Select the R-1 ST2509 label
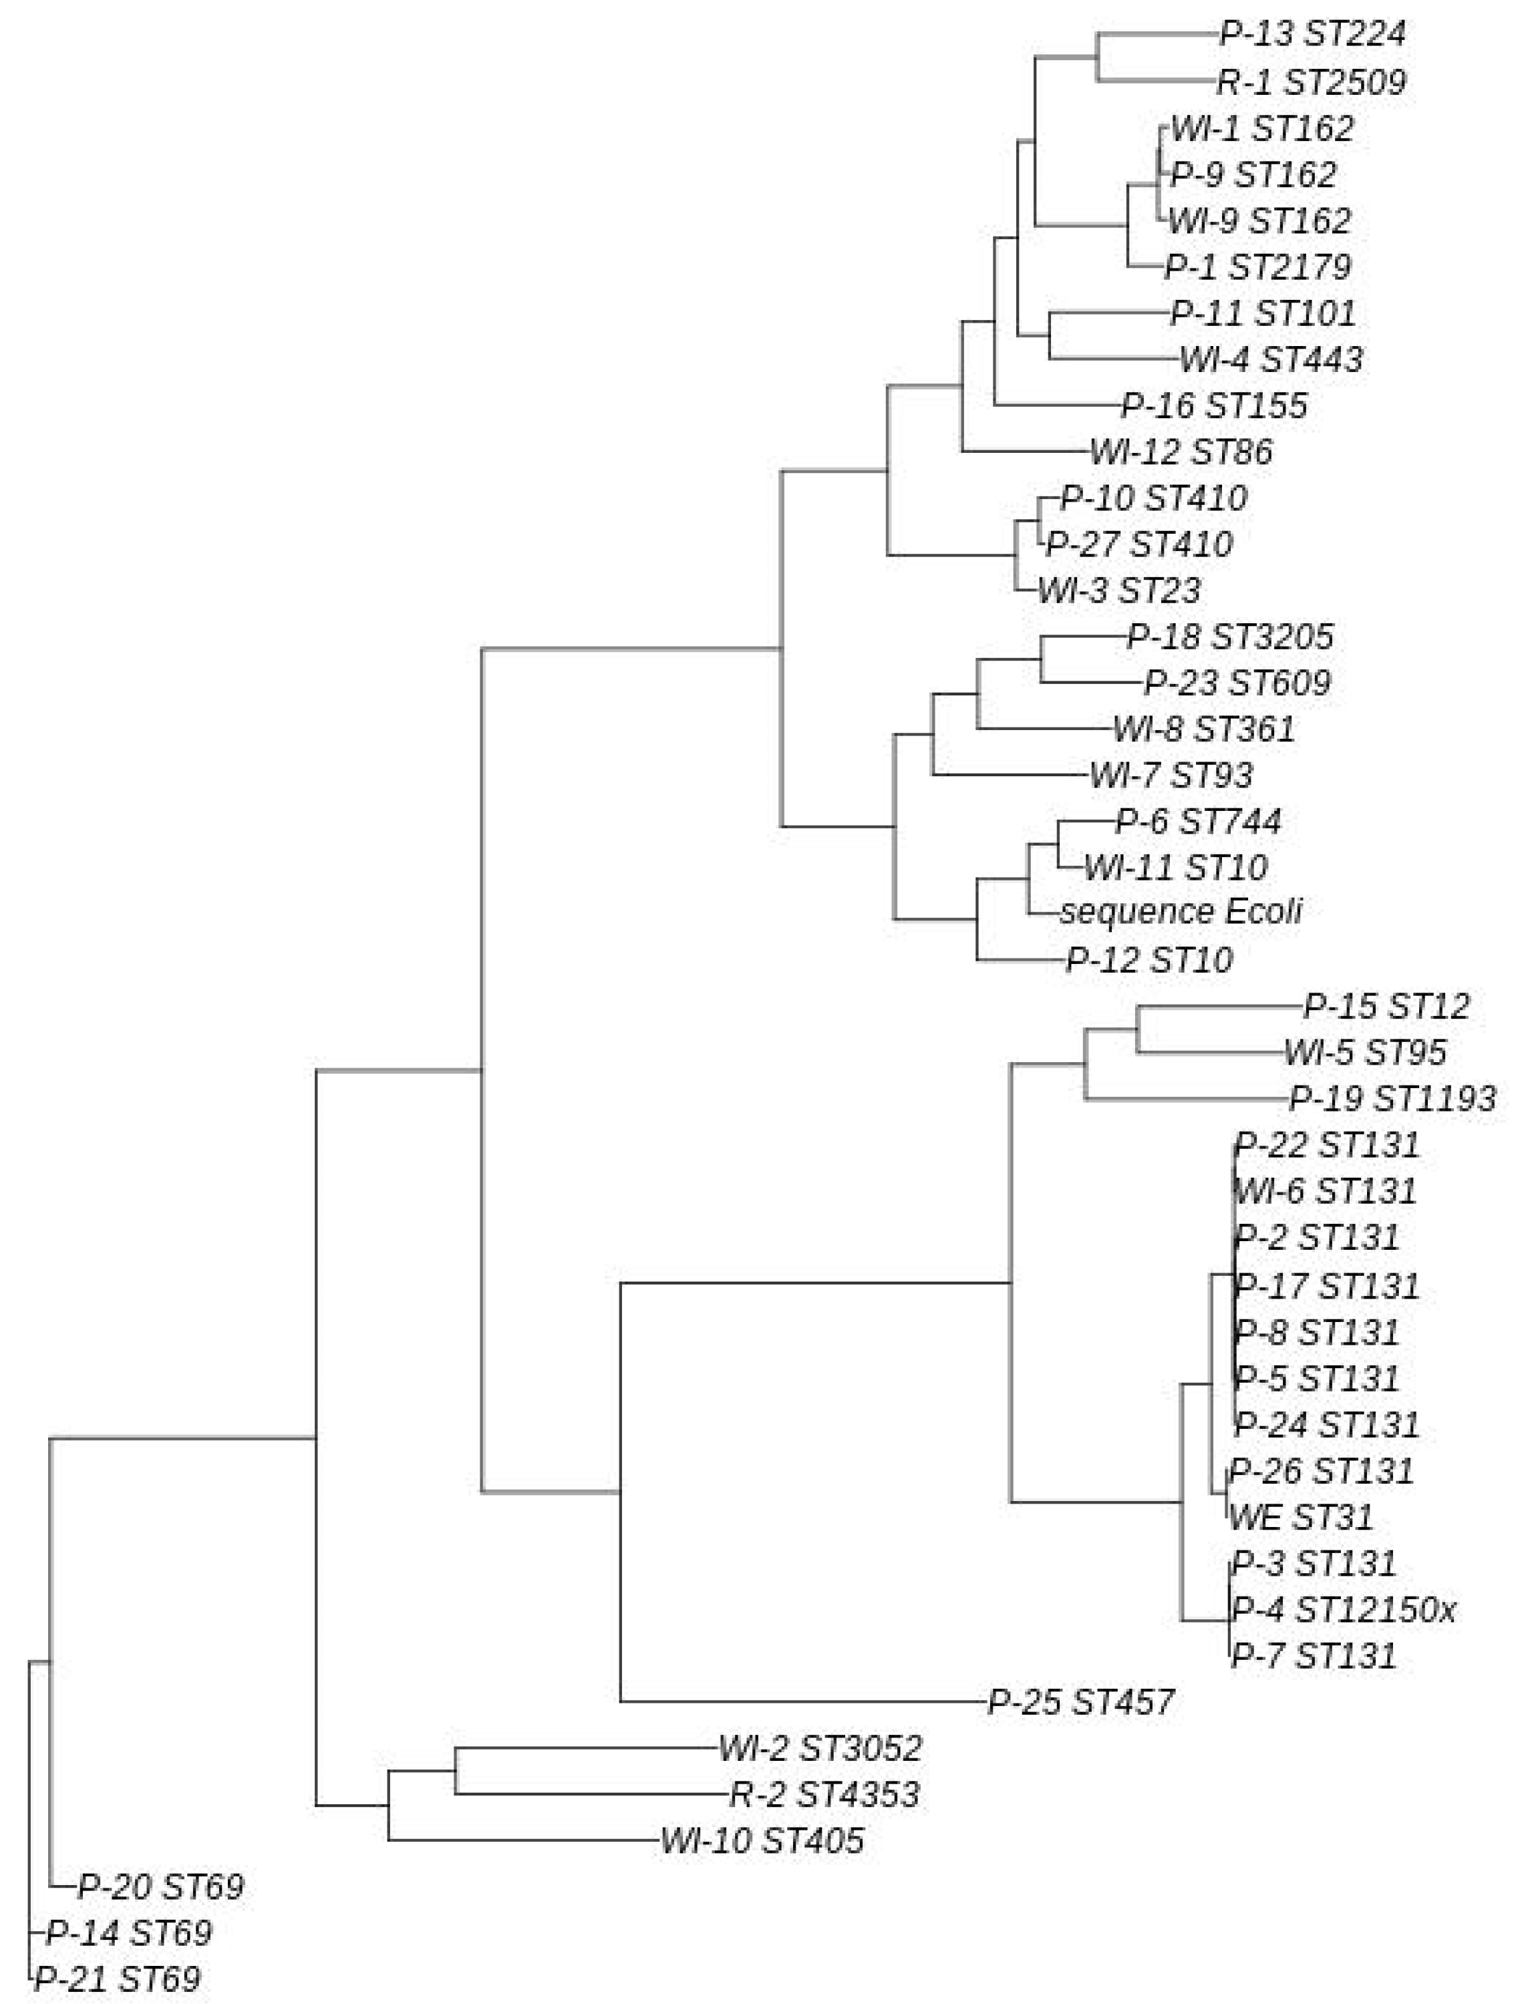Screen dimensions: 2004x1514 coord(1310,82)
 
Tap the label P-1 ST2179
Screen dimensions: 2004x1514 coord(1257,267)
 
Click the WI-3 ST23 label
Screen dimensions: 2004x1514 coord(1119,591)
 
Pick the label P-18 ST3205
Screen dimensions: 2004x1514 coord(1229,637)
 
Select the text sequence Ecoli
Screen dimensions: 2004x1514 coord(1181,911)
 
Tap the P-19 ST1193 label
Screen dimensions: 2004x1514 coord(1392,1099)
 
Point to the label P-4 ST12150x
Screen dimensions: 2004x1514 coord(1344,1610)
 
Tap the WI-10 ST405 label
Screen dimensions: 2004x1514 coord(762,1841)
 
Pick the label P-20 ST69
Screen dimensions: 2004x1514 coord(160,1887)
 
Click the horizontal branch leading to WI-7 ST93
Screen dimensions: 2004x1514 coord(1010,775)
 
